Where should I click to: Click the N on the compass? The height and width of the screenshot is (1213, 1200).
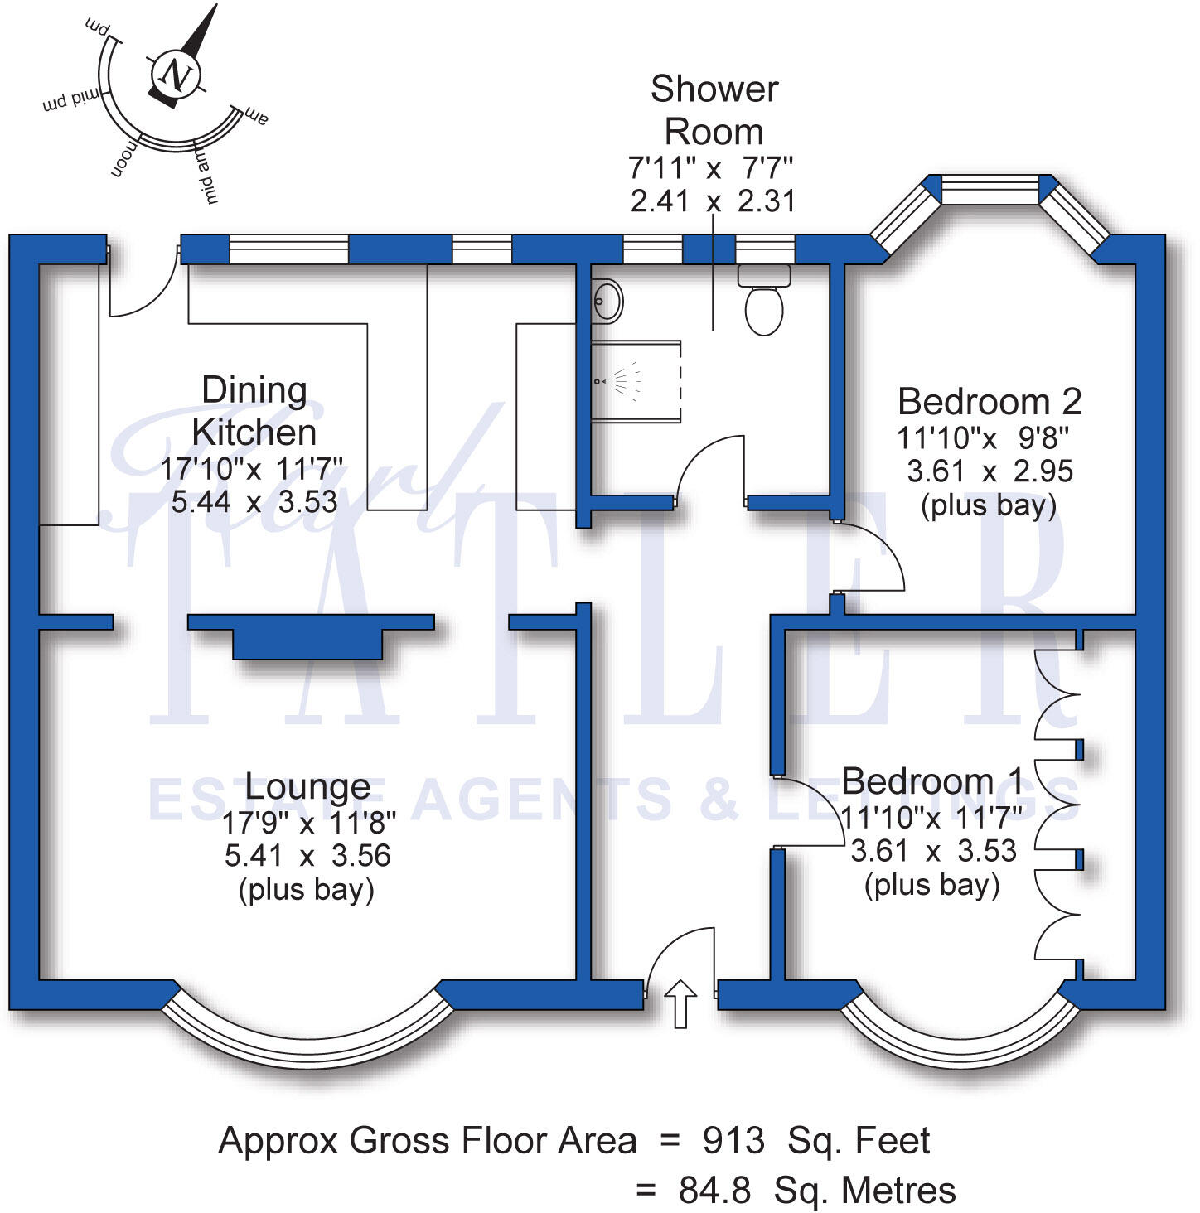pyautogui.click(x=176, y=75)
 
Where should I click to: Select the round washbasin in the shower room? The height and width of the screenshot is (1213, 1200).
pyautogui.click(x=608, y=301)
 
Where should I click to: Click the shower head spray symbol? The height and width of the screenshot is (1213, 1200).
pyautogui.click(x=623, y=382)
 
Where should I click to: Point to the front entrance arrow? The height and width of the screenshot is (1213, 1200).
pyautogui.click(x=681, y=1003)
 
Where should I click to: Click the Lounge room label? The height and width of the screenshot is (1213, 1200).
pyautogui.click(x=307, y=786)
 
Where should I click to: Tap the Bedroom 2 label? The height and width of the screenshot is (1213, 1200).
pyautogui.click(x=990, y=402)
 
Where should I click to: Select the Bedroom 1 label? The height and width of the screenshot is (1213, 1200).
pyautogui.click(x=932, y=781)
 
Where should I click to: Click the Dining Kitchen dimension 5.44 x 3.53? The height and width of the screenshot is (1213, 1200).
pyautogui.click(x=254, y=502)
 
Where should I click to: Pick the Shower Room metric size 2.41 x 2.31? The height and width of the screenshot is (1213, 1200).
pyautogui.click(x=713, y=201)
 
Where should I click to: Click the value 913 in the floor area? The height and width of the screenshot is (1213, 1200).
pyautogui.click(x=733, y=1141)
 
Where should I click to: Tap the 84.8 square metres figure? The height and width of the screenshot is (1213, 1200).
pyautogui.click(x=714, y=1191)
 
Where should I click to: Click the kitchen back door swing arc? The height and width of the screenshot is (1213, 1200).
pyautogui.click(x=143, y=286)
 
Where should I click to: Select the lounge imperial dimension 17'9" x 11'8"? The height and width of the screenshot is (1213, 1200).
pyautogui.click(x=308, y=823)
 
